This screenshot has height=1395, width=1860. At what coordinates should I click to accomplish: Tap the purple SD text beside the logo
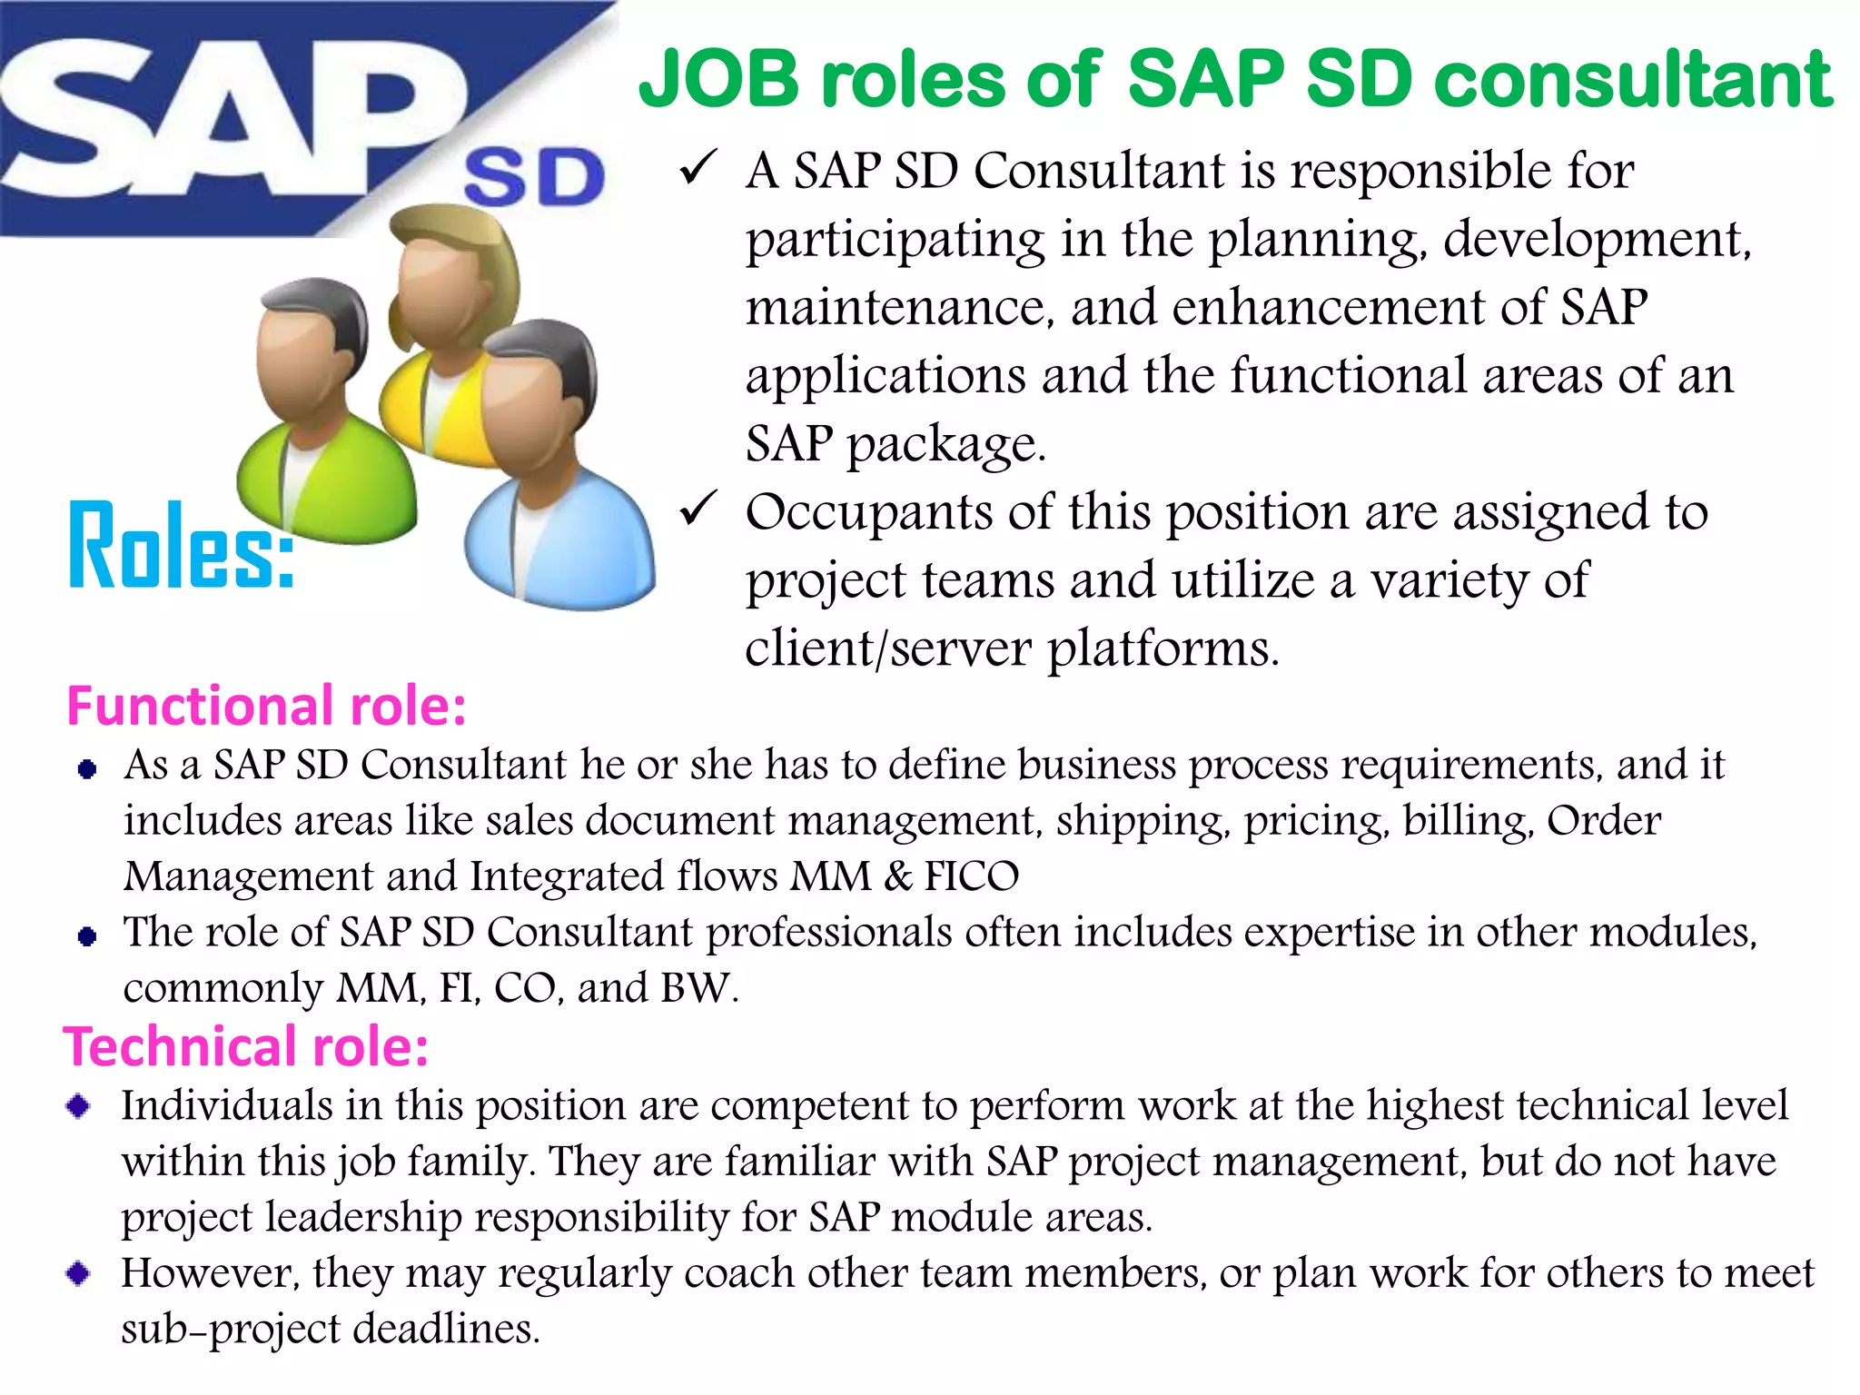534,178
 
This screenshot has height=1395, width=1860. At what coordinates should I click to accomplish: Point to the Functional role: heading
266,706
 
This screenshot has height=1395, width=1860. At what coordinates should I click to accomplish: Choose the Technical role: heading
245,1046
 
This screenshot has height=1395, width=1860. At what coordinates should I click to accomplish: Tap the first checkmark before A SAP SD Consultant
698,169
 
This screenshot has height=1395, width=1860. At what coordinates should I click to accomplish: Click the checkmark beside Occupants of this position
698,510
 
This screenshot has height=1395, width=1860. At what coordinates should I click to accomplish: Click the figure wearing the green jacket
322,418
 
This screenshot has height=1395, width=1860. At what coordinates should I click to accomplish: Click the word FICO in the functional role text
971,876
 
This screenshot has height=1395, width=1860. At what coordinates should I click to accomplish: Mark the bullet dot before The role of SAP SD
87,936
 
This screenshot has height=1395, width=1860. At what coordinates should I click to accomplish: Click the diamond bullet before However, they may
79,1273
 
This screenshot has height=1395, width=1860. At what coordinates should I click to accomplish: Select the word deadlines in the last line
445,1329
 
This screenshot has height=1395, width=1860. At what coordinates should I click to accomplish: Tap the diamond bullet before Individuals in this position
79,1106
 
